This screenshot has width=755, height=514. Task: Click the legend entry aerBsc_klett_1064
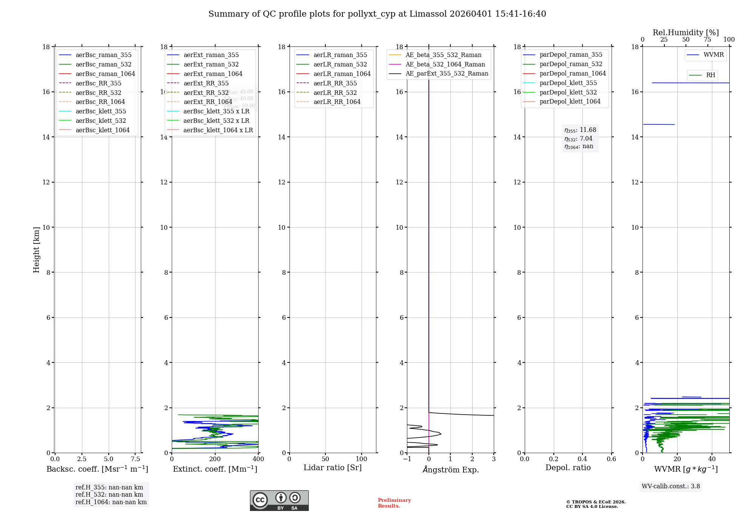click(x=102, y=130)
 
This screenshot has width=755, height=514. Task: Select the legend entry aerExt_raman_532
click(x=211, y=64)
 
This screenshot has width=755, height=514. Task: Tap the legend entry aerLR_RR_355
click(x=335, y=83)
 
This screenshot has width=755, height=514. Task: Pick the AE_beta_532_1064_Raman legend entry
click(x=445, y=64)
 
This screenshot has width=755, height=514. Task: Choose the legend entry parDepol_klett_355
click(x=568, y=83)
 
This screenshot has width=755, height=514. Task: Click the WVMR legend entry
click(x=713, y=55)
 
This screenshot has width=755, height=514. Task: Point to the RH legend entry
click(x=710, y=75)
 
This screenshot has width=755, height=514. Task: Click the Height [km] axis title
click(x=36, y=249)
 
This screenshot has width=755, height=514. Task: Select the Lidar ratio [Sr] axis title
click(x=333, y=468)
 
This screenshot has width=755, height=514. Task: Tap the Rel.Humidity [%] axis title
click(x=686, y=33)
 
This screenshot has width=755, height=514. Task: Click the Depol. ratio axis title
click(x=568, y=468)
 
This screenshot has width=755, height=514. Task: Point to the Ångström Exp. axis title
click(x=450, y=469)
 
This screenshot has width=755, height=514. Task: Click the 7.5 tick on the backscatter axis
click(x=135, y=459)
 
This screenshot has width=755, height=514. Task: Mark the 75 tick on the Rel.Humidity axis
click(x=707, y=40)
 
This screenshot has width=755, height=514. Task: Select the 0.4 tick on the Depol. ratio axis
click(x=582, y=459)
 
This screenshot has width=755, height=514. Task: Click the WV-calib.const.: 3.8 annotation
click(x=671, y=486)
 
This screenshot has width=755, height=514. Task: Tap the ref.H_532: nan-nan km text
click(x=109, y=495)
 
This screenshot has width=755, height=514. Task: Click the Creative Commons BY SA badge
click(x=279, y=500)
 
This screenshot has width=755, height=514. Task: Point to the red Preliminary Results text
click(x=394, y=503)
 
